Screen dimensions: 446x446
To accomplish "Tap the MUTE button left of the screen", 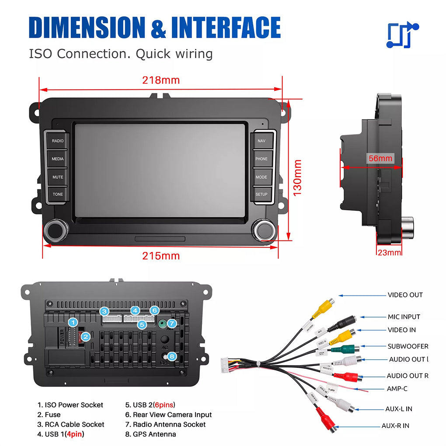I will [x=58, y=177].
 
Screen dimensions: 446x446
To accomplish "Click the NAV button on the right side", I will [x=261, y=141].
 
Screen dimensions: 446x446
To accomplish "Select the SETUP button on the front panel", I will [x=261, y=194].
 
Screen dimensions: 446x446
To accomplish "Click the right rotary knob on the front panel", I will [x=264, y=230].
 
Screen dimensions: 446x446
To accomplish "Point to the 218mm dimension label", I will [x=161, y=80].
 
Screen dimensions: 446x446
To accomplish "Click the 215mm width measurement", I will [x=161, y=256].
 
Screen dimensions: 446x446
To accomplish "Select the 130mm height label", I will [x=298, y=178].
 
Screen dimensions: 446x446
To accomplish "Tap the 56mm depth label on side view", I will [x=380, y=158].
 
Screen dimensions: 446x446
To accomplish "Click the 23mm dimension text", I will [x=389, y=253].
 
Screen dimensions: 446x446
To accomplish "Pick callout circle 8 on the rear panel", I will [x=172, y=356].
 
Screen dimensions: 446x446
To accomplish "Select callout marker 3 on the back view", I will [x=104, y=311].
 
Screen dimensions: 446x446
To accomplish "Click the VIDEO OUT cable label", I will [x=405, y=295].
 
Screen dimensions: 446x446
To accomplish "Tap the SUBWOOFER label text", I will [x=408, y=346].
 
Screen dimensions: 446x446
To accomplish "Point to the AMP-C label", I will [x=397, y=389].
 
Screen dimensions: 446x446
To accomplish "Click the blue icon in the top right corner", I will [x=402, y=35].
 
